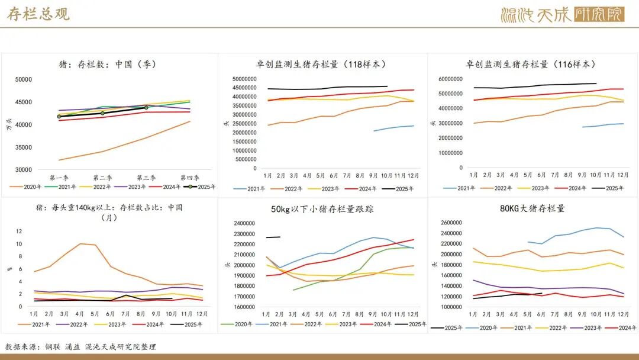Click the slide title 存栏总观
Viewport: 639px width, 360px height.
point(38,14)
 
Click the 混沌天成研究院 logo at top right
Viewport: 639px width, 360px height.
point(562,14)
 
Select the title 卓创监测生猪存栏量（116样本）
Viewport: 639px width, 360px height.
point(531,65)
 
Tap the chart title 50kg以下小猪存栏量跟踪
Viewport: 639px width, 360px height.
point(322,209)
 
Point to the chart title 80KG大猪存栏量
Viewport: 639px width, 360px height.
point(532,208)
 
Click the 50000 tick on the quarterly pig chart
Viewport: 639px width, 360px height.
point(24,79)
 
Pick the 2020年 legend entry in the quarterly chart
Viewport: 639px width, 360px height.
point(28,187)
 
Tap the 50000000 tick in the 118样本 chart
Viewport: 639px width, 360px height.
point(244,79)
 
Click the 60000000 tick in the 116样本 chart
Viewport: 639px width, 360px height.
point(450,79)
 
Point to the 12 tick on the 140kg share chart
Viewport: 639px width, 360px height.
point(19,232)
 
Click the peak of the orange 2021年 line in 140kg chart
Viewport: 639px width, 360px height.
point(80,243)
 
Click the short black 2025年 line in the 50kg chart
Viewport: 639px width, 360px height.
point(273,237)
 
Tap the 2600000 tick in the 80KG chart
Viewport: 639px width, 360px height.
point(451,223)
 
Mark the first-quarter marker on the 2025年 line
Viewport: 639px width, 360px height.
point(59,117)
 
